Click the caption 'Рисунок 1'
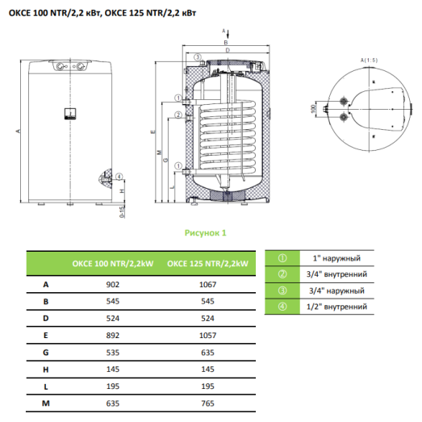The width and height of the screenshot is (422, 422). click(x=206, y=232)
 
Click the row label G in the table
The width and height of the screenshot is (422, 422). click(x=47, y=352)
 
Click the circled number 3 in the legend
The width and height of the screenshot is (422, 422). click(x=282, y=290)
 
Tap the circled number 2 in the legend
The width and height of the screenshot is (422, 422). click(x=282, y=274)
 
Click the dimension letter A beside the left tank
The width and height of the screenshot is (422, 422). click(x=17, y=130)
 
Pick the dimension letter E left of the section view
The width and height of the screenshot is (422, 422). click(x=153, y=131)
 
